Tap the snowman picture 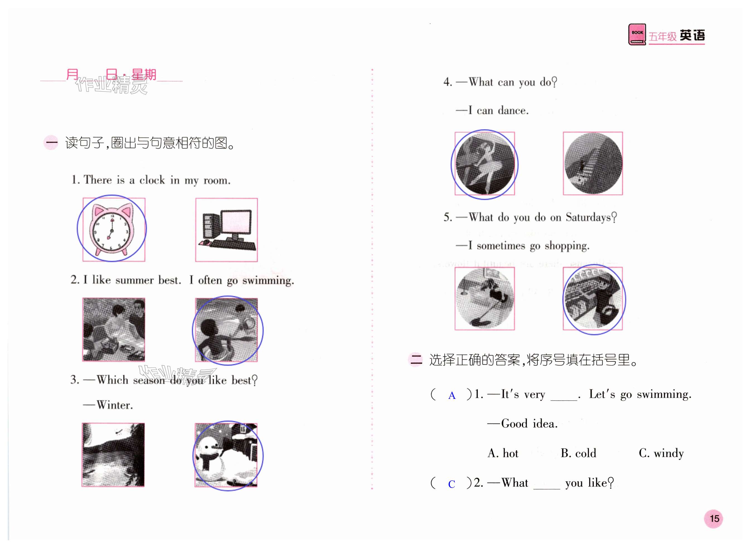pyautogui.click(x=226, y=455)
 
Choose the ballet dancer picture pyautogui.click(x=485, y=164)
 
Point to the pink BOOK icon pyautogui.click(x=637, y=35)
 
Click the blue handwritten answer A pyautogui.click(x=452, y=396)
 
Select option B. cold pyautogui.click(x=578, y=453)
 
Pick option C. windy pyautogui.click(x=661, y=454)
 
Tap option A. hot pyautogui.click(x=503, y=453)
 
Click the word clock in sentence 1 pyautogui.click(x=152, y=180)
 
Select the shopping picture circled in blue pyautogui.click(x=593, y=299)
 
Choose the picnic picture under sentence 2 pyautogui.click(x=113, y=329)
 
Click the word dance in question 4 pyautogui.click(x=513, y=110)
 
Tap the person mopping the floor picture pyautogui.click(x=485, y=299)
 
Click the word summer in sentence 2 pyautogui.click(x=134, y=280)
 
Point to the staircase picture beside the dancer pyautogui.click(x=593, y=164)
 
